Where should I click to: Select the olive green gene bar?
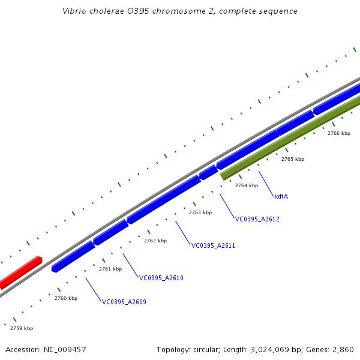(x=288, y=137)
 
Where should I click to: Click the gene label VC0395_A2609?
(x=124, y=302)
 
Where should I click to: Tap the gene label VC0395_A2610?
(x=161, y=278)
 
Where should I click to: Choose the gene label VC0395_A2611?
(x=214, y=245)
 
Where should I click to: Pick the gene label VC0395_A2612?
(x=257, y=219)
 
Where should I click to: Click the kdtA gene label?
(x=281, y=196)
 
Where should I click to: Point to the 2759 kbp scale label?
(x=22, y=328)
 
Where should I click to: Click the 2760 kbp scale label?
(x=66, y=298)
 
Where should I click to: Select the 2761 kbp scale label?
(x=110, y=269)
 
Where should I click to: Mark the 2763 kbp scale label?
(x=200, y=212)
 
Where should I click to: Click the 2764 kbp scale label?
(x=247, y=185)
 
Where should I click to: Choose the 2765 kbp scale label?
(x=293, y=159)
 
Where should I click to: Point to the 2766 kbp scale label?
(x=339, y=133)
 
